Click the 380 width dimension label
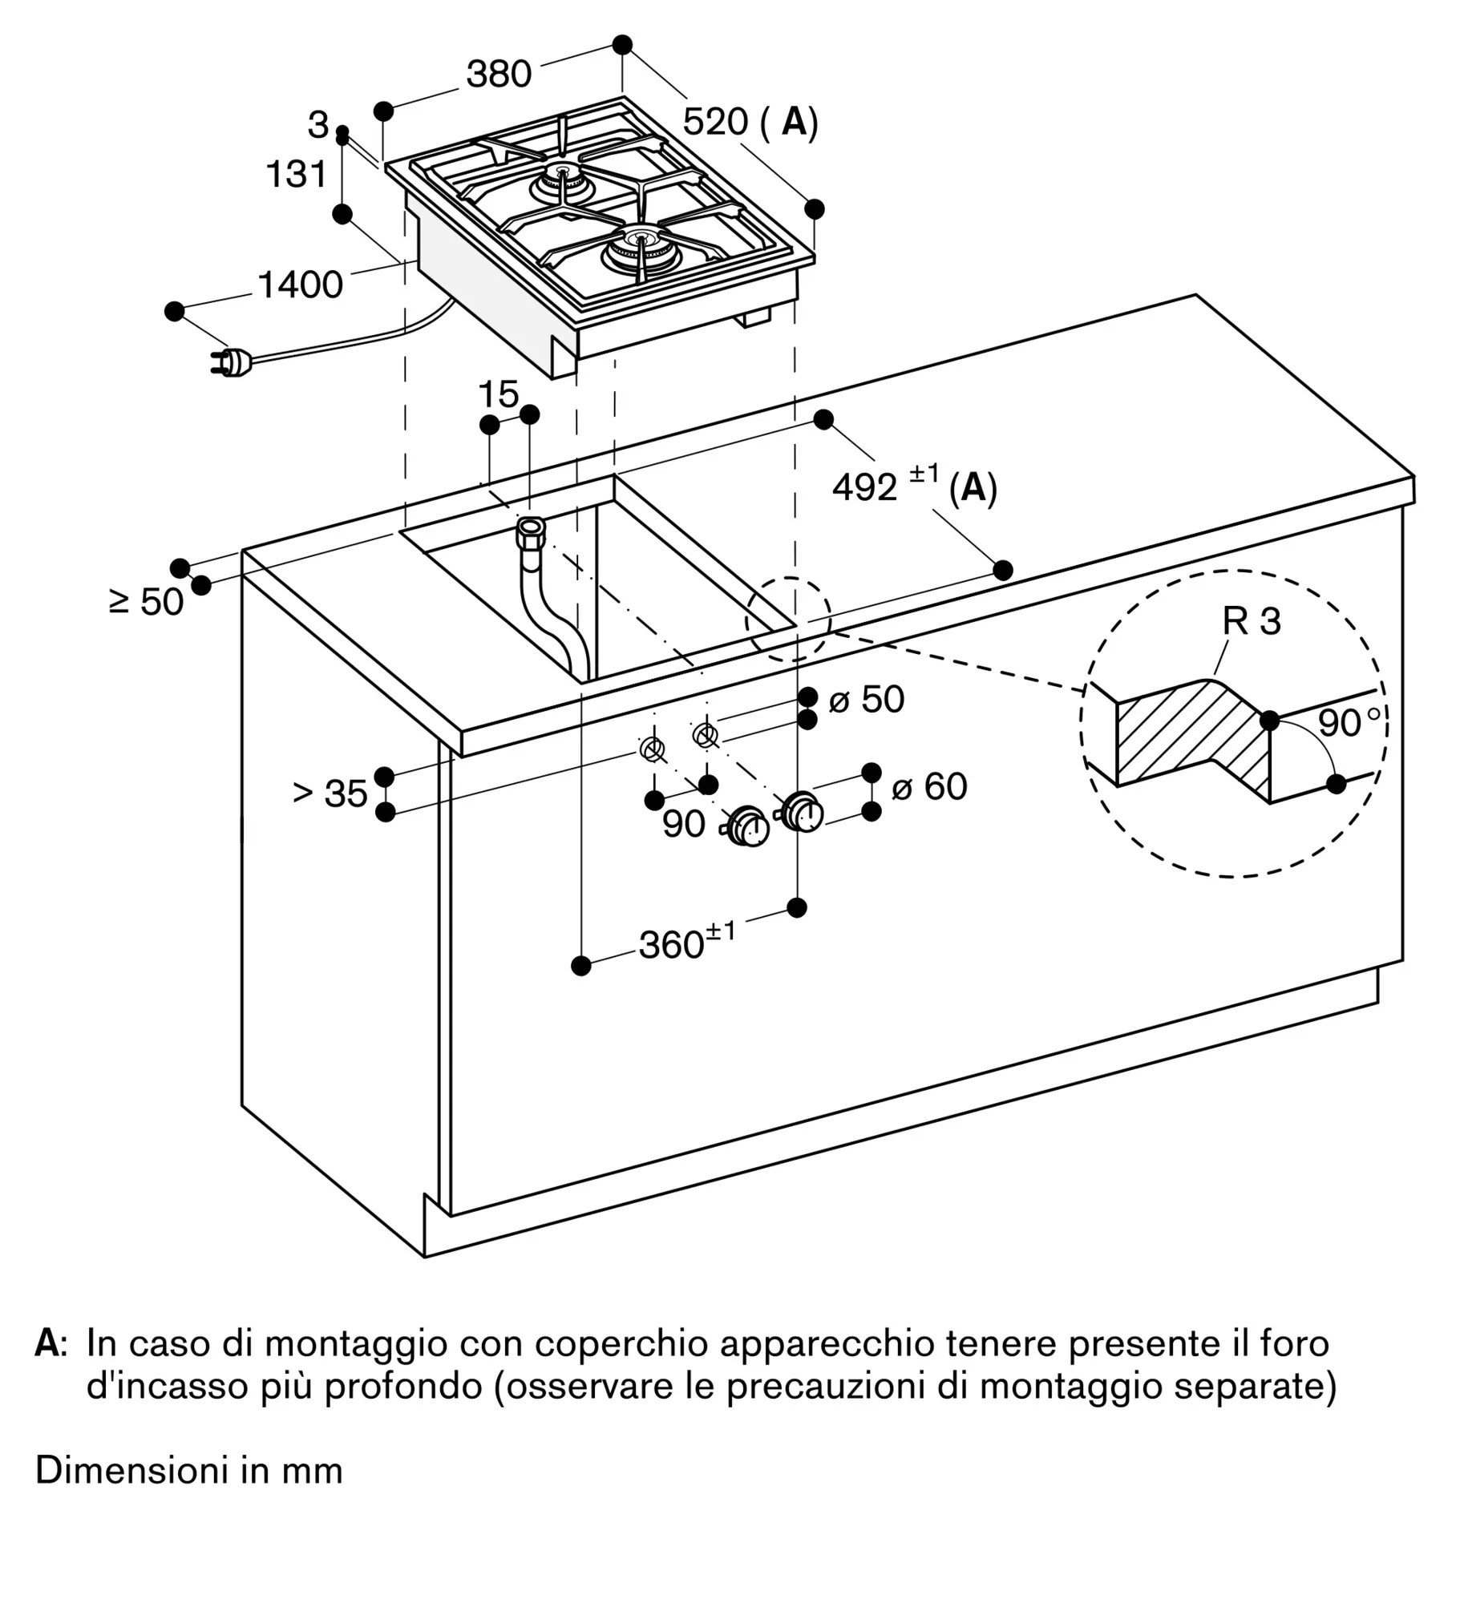click(x=499, y=74)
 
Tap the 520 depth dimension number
click(x=715, y=122)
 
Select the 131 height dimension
click(x=297, y=175)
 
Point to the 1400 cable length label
click(x=300, y=285)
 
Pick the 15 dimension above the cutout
click(x=498, y=394)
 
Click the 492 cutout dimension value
click(x=864, y=487)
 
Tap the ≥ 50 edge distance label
click(x=146, y=602)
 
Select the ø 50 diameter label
click(x=866, y=700)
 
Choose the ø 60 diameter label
click(x=929, y=786)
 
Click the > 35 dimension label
click(x=330, y=793)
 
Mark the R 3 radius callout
click(x=1252, y=621)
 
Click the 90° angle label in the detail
click(x=1349, y=722)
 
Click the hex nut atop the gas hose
click(x=531, y=531)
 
